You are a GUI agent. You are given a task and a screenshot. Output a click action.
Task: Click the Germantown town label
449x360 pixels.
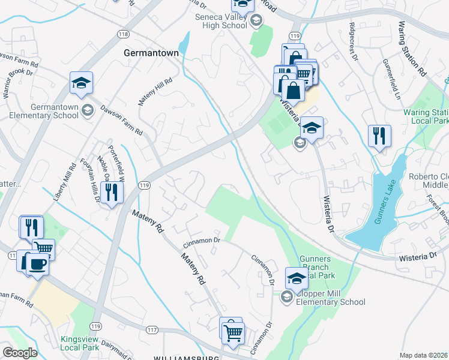[151, 53]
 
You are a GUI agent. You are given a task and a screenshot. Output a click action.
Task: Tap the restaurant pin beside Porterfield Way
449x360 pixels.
[112, 192]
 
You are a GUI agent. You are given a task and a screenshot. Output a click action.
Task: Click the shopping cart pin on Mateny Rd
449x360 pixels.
[233, 331]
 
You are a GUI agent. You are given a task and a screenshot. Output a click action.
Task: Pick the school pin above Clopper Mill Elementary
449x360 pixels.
[296, 277]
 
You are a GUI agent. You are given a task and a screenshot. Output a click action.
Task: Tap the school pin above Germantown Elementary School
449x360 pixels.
[81, 83]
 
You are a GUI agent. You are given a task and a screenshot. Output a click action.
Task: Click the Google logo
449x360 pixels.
[19, 353]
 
